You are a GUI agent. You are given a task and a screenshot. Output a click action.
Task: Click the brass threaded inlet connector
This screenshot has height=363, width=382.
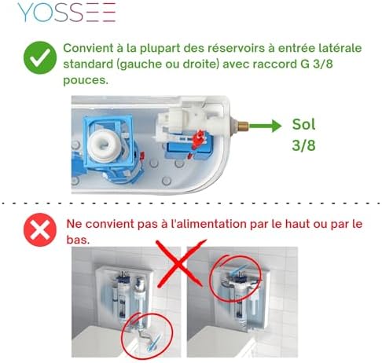pyautogui.click(x=242, y=125)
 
